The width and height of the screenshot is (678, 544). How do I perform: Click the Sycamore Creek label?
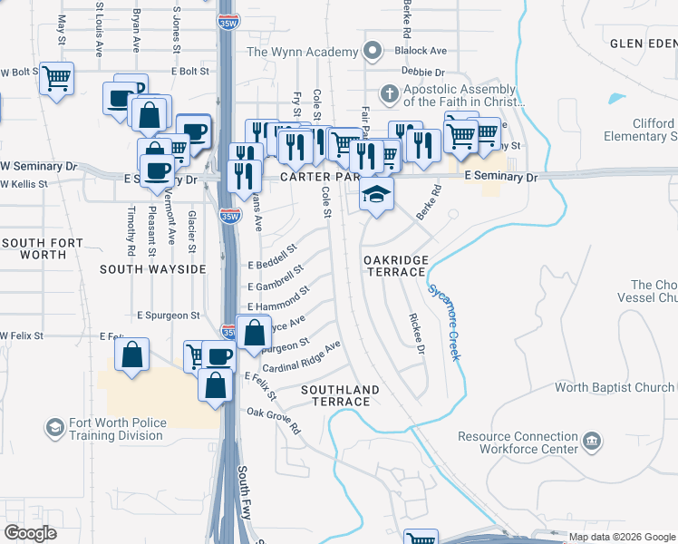coord(443,323)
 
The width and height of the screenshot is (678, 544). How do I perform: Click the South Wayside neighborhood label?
coord(153,269)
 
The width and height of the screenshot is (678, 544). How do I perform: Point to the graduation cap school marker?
coord(377,193)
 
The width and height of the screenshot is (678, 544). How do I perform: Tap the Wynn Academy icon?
coord(372,52)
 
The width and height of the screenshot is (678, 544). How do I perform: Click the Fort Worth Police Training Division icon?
coord(54,427)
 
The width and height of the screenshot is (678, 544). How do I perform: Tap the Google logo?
coord(31,532)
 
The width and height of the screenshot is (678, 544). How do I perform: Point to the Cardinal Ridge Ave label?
coord(301,357)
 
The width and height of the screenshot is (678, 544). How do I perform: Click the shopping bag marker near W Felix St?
coord(132,355)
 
